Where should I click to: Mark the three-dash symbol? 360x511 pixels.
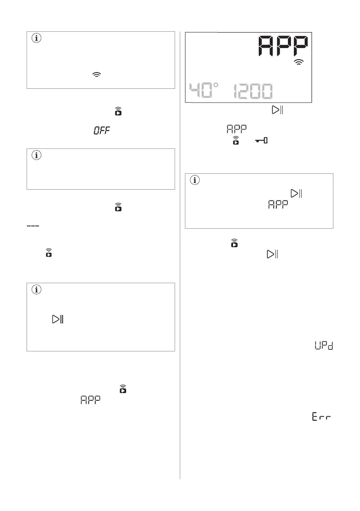(x=33, y=227)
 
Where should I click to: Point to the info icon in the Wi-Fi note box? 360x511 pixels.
(x=36, y=39)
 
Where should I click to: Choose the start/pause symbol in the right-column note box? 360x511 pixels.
(x=296, y=193)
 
